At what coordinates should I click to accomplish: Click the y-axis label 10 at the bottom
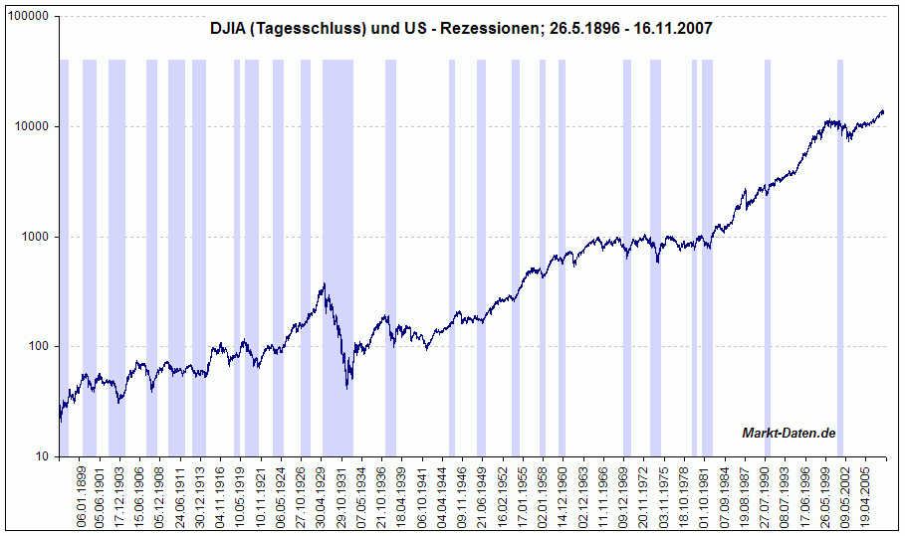pos(45,456)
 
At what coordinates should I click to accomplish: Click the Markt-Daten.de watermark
pos(789,432)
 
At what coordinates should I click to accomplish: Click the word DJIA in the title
pos(231,30)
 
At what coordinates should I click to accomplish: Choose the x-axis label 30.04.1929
pos(322,493)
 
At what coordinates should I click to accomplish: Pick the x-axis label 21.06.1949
pos(482,493)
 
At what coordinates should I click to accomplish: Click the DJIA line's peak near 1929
pos(324,284)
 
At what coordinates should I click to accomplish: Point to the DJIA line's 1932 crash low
pos(346,387)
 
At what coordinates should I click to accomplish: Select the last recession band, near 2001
pos(840,249)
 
